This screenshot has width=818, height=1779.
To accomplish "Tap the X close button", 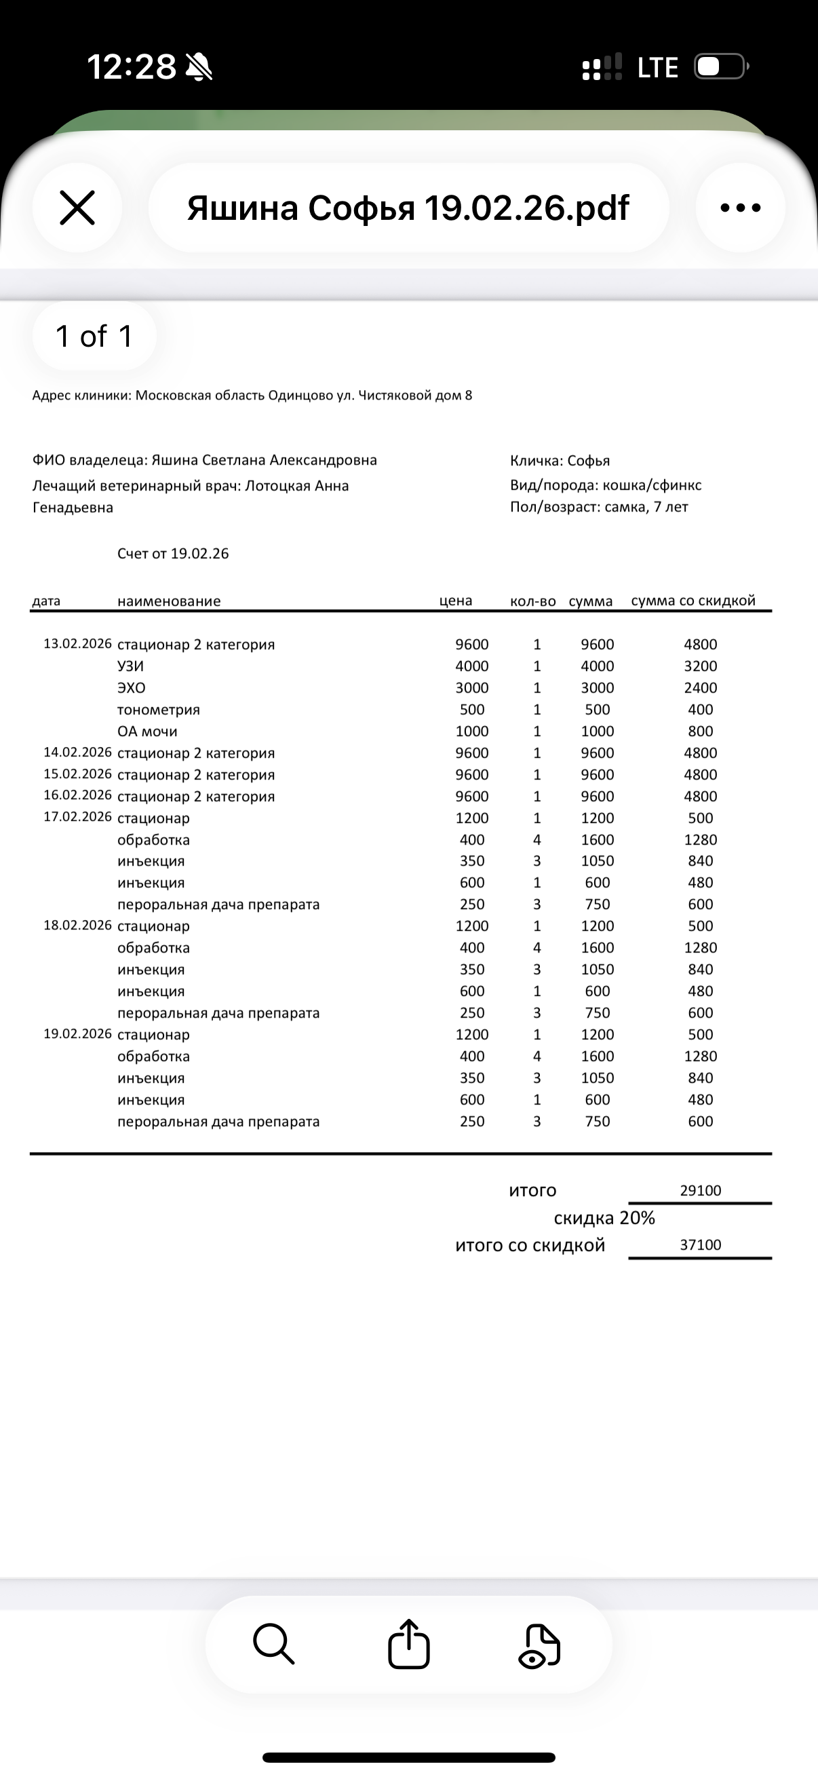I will point(77,208).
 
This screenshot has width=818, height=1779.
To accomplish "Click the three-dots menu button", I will point(740,208).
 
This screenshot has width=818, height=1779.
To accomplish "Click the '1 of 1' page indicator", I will point(94,337).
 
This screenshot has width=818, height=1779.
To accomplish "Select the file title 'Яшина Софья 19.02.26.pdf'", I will point(408,208).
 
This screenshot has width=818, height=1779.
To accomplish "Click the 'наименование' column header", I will point(169,601).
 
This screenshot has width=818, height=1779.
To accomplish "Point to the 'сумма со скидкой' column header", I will point(693,601).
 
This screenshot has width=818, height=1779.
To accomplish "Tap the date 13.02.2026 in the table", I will point(77,644).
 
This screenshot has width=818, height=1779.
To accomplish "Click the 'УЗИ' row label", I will point(130,666).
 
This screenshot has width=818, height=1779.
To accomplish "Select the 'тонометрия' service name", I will point(159,709).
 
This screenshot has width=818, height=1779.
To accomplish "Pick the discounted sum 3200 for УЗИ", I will point(700,666).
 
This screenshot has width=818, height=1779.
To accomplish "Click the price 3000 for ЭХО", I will point(471,688).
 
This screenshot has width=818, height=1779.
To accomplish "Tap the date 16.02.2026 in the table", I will point(77,795).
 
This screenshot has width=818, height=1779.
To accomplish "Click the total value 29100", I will point(700,1190).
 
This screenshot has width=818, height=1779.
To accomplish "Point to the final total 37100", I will point(700,1244).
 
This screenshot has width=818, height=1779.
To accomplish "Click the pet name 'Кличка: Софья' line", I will point(560,461).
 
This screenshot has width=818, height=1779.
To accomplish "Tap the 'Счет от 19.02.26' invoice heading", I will point(172,554).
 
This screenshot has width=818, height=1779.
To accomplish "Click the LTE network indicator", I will point(657,68).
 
